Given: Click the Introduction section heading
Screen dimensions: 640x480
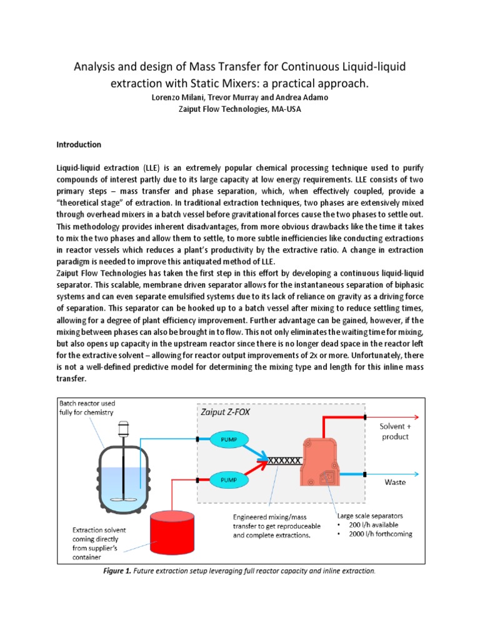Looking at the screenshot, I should (79, 144).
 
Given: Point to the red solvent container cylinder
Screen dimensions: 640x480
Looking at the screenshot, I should (171, 531).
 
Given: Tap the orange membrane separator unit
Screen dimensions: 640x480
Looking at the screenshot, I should (325, 460).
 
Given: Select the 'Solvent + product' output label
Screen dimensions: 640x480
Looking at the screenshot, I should (394, 431).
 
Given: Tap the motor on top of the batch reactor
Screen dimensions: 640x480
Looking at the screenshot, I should (122, 427).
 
